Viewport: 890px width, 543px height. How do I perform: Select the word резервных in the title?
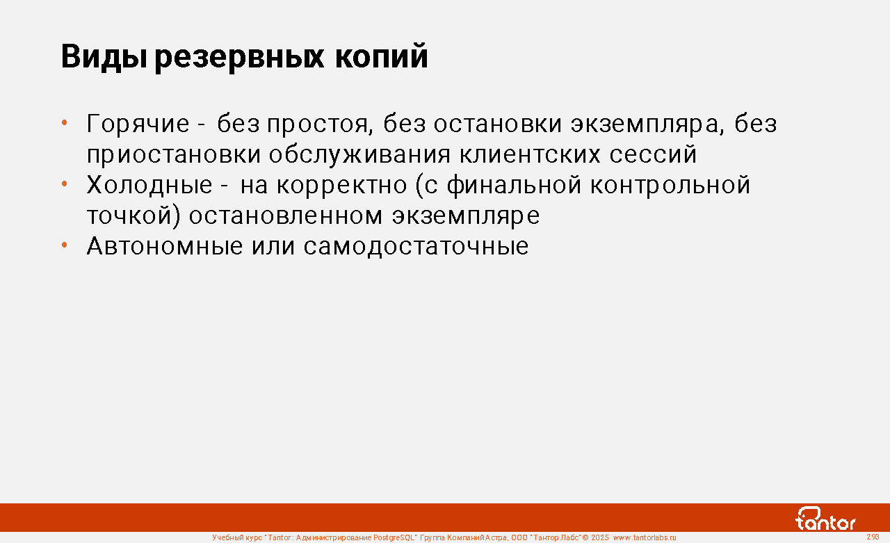(239, 58)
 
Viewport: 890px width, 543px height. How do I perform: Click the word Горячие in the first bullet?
(138, 124)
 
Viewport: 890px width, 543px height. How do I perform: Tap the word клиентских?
(530, 154)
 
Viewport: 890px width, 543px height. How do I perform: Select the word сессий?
(653, 154)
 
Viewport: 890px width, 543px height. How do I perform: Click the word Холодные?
(149, 186)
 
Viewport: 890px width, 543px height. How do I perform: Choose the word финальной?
(514, 186)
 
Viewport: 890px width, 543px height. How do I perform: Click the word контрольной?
(670, 186)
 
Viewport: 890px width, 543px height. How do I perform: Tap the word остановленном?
(286, 216)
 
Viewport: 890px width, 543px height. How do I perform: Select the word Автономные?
(165, 246)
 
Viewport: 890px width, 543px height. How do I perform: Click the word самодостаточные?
(416, 247)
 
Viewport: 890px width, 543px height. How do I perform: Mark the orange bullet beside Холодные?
(65, 184)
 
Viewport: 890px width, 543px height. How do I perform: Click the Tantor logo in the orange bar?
(825, 519)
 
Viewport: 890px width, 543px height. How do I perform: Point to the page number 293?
(873, 537)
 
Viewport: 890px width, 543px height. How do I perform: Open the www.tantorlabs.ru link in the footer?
(645, 538)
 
